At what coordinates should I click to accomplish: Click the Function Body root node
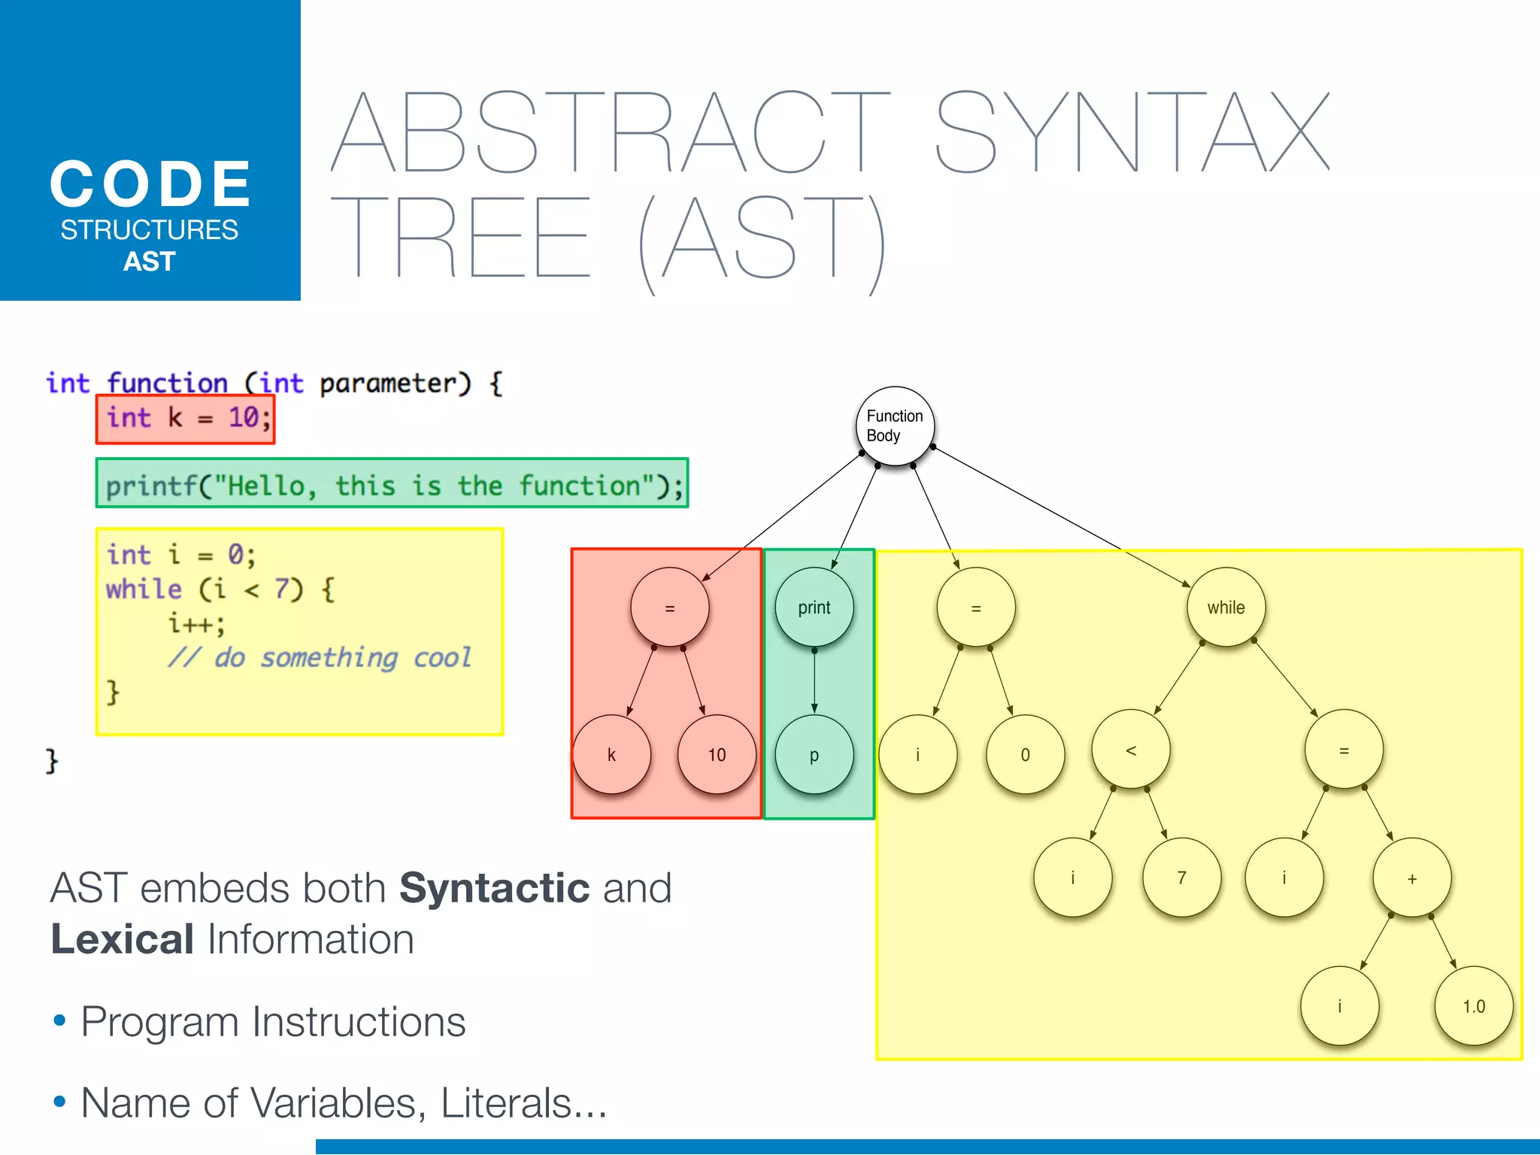[894, 426]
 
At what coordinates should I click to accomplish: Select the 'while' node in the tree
[1226, 607]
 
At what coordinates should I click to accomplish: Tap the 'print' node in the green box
[814, 607]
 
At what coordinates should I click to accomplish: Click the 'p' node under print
[814, 755]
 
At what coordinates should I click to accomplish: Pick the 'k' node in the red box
[611, 755]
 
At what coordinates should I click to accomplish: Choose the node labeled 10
[717, 755]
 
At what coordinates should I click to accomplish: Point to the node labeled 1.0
[1473, 1006]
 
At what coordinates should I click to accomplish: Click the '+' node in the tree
[1411, 878]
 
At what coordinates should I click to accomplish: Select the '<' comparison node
[1130, 750]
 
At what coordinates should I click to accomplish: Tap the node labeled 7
[1181, 878]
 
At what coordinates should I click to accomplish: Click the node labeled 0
[1025, 755]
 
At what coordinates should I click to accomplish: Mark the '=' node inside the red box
[669, 608]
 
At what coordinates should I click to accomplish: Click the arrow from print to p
[814, 681]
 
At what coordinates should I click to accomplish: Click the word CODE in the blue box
[150, 184]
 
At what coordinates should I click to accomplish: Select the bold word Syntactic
[494, 888]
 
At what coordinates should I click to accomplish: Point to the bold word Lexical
[123, 939]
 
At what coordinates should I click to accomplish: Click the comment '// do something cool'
[320, 658]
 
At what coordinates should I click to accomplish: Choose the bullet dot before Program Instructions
[60, 1021]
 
